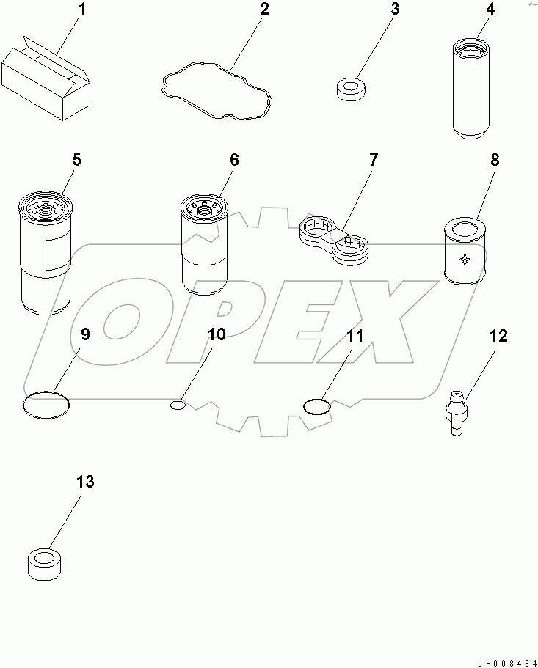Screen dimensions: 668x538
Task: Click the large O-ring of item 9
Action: point(46,403)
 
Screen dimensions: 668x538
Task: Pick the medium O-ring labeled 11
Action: point(317,405)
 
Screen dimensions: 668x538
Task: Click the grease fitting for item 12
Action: point(456,413)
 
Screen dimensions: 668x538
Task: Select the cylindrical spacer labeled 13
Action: point(44,562)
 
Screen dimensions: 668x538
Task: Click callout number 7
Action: point(373,160)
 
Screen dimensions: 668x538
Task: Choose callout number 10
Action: point(217,334)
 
